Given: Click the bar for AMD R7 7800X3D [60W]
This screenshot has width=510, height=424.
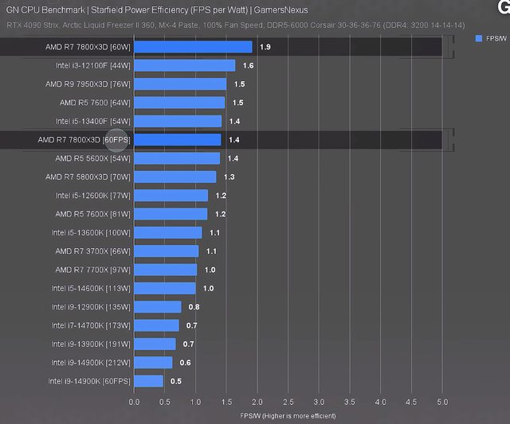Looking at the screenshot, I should tap(193, 47).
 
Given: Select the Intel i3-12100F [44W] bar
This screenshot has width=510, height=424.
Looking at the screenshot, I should tap(185, 65).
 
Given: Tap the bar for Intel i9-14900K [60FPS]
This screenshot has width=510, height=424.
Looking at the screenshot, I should tap(149, 381).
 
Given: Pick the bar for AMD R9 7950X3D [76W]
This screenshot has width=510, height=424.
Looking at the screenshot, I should tap(180, 84).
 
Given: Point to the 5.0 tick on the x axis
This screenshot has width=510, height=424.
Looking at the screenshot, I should tap(443, 403).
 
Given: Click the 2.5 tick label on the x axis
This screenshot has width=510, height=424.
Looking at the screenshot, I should tap(288, 403).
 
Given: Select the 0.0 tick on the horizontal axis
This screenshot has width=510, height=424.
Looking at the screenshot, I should tap(134, 403).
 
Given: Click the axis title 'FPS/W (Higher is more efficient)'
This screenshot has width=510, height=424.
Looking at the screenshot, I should tap(288, 415).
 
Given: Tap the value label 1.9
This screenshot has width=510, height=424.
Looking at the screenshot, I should tap(265, 47).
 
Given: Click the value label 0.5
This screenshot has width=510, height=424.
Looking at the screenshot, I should tap(176, 381).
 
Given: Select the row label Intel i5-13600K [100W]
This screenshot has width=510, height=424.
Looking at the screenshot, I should tap(90, 232).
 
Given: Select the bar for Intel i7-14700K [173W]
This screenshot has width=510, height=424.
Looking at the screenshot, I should tap(156, 325).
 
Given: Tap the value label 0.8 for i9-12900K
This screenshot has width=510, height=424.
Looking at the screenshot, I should tap(194, 306).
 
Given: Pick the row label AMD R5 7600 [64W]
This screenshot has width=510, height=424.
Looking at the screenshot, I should tap(94, 103).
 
